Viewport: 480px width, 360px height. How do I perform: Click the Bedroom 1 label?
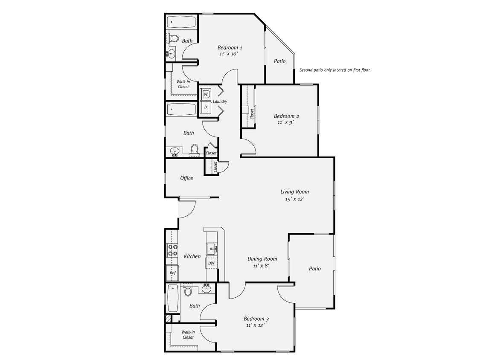(x=230, y=48)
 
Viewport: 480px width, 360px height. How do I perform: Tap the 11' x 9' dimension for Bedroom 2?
(x=286, y=122)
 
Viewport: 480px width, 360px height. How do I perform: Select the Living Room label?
(x=294, y=192)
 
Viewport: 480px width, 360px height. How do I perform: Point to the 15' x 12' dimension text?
(x=294, y=199)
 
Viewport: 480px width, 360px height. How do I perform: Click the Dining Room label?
(x=262, y=259)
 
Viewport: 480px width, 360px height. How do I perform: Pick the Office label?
(x=186, y=178)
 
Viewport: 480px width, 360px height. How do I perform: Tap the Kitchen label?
(x=192, y=256)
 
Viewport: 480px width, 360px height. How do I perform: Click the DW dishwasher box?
(x=211, y=264)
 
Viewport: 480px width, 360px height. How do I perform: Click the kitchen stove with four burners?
(x=172, y=250)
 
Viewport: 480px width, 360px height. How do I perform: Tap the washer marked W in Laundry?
(x=206, y=94)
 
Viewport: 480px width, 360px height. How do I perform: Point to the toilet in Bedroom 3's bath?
(x=188, y=292)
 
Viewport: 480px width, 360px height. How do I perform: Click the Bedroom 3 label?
(x=256, y=319)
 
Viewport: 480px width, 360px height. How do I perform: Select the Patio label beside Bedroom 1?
(x=279, y=61)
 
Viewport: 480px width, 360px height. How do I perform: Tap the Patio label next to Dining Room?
(x=314, y=269)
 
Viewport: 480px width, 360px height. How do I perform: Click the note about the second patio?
(x=335, y=70)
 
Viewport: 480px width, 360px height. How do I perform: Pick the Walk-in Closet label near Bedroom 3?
(x=188, y=334)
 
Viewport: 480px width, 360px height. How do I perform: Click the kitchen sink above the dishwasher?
(x=211, y=249)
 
